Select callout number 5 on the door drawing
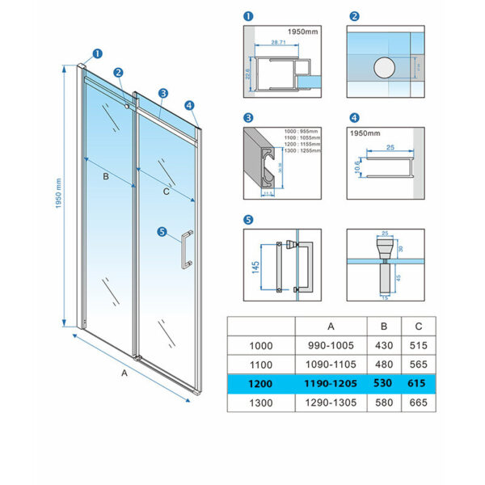(x=162, y=233)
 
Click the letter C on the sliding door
(x=167, y=192)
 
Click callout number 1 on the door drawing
(x=98, y=54)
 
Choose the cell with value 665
(x=419, y=402)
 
